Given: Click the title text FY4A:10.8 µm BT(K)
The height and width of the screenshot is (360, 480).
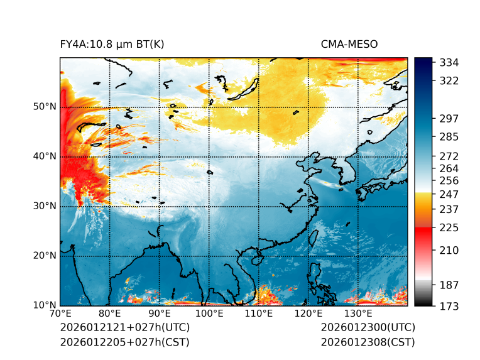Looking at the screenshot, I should pos(112,44).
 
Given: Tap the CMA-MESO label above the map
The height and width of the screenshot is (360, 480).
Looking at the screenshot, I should pos(349,44).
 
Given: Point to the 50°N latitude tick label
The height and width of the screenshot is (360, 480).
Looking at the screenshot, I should pos(45,107).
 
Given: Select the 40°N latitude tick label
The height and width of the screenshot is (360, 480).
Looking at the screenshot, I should pos(45,156).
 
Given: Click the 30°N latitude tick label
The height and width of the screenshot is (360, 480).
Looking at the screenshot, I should pos(45,206).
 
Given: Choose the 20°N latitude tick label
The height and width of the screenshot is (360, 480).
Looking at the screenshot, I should pos(45,256).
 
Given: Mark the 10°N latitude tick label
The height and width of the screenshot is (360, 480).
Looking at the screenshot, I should pos(45,305).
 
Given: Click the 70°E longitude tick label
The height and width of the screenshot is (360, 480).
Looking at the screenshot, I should pos(60,314).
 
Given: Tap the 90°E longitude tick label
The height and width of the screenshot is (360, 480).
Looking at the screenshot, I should pos(160,314).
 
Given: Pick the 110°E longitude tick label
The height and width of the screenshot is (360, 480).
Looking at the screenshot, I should pos(258,314).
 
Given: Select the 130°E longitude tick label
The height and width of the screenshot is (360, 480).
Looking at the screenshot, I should pos(357,314).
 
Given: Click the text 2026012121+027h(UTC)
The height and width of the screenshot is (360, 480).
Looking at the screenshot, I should pos(124,328).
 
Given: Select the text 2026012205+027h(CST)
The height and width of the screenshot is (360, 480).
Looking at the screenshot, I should pos(124,342).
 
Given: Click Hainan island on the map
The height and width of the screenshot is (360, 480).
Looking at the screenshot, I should pos(256,258).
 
